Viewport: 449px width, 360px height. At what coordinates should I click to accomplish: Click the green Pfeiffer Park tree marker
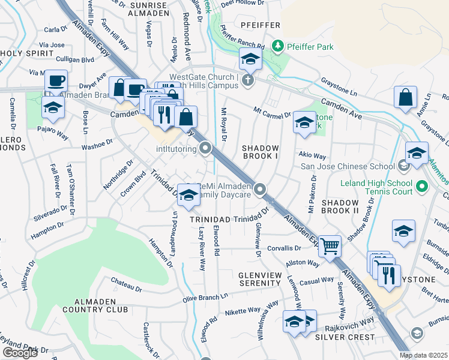pyautogui.click(x=277, y=46)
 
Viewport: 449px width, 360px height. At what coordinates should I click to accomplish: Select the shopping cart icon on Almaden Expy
pyautogui.click(x=330, y=245)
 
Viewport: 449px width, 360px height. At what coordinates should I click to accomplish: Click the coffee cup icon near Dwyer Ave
pyautogui.click(x=56, y=80)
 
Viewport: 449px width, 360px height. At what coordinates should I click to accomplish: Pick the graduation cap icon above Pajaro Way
pyautogui.click(x=53, y=108)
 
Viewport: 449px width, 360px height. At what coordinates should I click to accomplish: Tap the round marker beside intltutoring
pyautogui.click(x=206, y=147)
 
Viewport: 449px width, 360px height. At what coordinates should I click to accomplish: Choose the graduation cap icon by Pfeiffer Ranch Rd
pyautogui.click(x=250, y=59)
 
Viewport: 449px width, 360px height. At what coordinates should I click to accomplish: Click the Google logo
pyautogui.click(x=20, y=353)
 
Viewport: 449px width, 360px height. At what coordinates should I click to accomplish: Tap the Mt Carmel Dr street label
pyautogui.click(x=272, y=112)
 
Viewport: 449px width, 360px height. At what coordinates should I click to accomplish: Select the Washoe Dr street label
pyautogui.click(x=97, y=144)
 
